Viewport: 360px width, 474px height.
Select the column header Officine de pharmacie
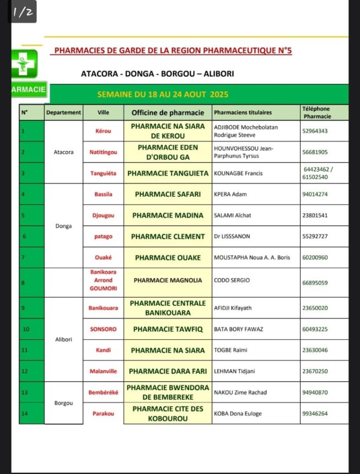pos(168,112)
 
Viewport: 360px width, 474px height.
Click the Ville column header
pos(103,112)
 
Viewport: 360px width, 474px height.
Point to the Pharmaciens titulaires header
pos(243,112)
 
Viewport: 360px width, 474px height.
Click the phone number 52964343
pos(315,131)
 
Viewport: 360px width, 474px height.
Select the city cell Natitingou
pos(103,152)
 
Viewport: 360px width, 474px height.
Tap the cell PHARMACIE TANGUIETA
pos(168,173)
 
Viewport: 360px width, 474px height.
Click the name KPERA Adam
pos(230,194)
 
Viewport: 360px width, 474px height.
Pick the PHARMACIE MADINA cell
pos(168,215)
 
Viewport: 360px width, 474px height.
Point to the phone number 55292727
pos(315,237)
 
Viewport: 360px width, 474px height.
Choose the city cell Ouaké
pos(103,257)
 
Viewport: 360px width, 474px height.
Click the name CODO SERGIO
pos(232,280)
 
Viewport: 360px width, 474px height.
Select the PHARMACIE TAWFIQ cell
pos(168,329)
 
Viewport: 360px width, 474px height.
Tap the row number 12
pos(25,371)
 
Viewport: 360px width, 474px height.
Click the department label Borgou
pos(63,403)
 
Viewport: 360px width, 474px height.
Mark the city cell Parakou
pos(103,413)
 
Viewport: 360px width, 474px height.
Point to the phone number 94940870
pos(315,393)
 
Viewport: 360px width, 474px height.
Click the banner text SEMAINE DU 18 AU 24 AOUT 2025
pos(163,94)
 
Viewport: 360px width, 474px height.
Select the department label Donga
pos(63,226)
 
